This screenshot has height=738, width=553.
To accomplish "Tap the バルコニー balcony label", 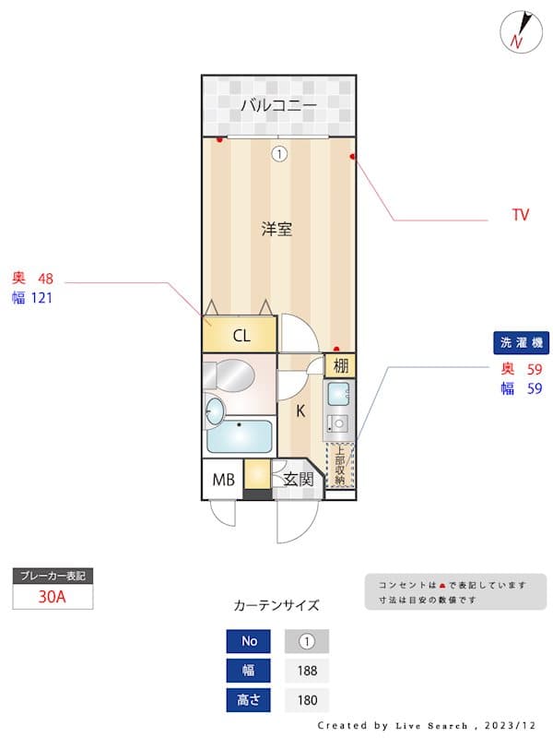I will pyautogui.click(x=277, y=105).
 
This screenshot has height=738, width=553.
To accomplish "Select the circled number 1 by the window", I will pyautogui.click(x=278, y=154).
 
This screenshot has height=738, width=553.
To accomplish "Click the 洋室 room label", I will pyautogui.click(x=276, y=229).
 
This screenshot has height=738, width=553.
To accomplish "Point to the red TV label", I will pyautogui.click(x=521, y=215).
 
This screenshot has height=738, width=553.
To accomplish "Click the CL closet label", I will pyautogui.click(x=241, y=336).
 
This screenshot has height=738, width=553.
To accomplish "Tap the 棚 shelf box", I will pyautogui.click(x=340, y=365).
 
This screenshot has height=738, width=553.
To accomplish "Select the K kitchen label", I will pyautogui.click(x=300, y=411).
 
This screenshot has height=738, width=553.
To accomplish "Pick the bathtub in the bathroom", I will pyautogui.click(x=241, y=435).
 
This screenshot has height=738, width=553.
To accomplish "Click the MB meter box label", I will pyautogui.click(x=223, y=480).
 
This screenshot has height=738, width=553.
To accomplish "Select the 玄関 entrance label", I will pyautogui.click(x=298, y=480).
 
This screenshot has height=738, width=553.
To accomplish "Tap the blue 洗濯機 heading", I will pyautogui.click(x=523, y=343).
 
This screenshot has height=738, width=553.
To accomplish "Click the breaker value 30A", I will pyautogui.click(x=53, y=596).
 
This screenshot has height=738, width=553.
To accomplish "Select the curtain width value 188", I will pyautogui.click(x=307, y=670).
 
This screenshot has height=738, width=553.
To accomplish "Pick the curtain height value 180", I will pyautogui.click(x=307, y=700).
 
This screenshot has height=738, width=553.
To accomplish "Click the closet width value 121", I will pyautogui.click(x=42, y=297).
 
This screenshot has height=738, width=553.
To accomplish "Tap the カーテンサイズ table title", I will pyautogui.click(x=276, y=606).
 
